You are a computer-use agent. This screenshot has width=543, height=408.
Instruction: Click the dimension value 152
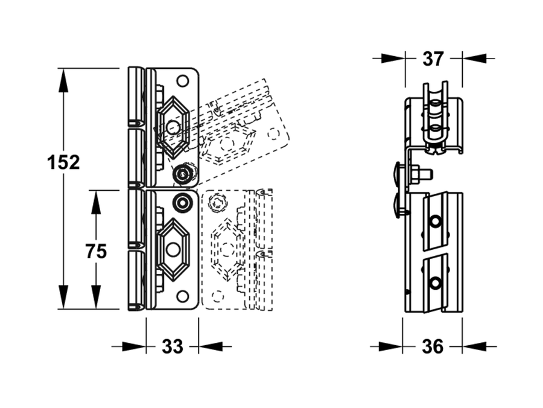(63, 162)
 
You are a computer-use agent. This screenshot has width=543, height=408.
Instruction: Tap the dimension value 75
(96, 251)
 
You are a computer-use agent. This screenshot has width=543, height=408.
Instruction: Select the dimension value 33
(172, 346)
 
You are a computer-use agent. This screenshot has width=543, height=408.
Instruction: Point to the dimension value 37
(433, 59)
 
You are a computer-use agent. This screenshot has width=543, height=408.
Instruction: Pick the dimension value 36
(433, 346)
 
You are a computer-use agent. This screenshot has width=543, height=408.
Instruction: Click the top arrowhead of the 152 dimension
(63, 80)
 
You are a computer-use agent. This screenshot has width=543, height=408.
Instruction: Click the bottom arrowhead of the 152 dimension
(63, 297)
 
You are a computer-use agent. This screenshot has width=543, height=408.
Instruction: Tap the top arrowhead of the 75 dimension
(96, 202)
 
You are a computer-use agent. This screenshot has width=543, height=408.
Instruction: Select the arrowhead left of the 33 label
(134, 346)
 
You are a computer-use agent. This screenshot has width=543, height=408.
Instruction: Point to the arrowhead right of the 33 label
(211, 346)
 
